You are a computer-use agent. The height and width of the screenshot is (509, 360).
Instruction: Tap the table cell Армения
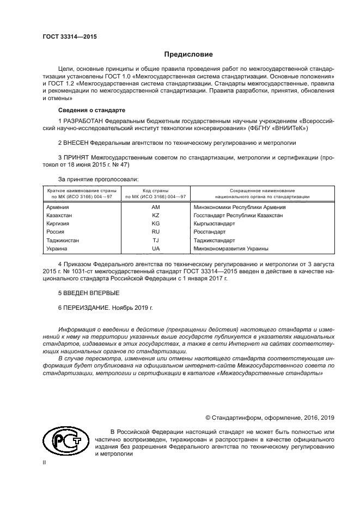[x=58, y=208]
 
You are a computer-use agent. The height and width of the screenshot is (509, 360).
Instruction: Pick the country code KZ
[x=156, y=216]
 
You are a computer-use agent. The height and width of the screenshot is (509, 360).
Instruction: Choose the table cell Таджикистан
[x=63, y=241]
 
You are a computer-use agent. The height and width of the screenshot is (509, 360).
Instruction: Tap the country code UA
[x=156, y=249]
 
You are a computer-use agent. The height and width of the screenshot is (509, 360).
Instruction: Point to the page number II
[x=45, y=462]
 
